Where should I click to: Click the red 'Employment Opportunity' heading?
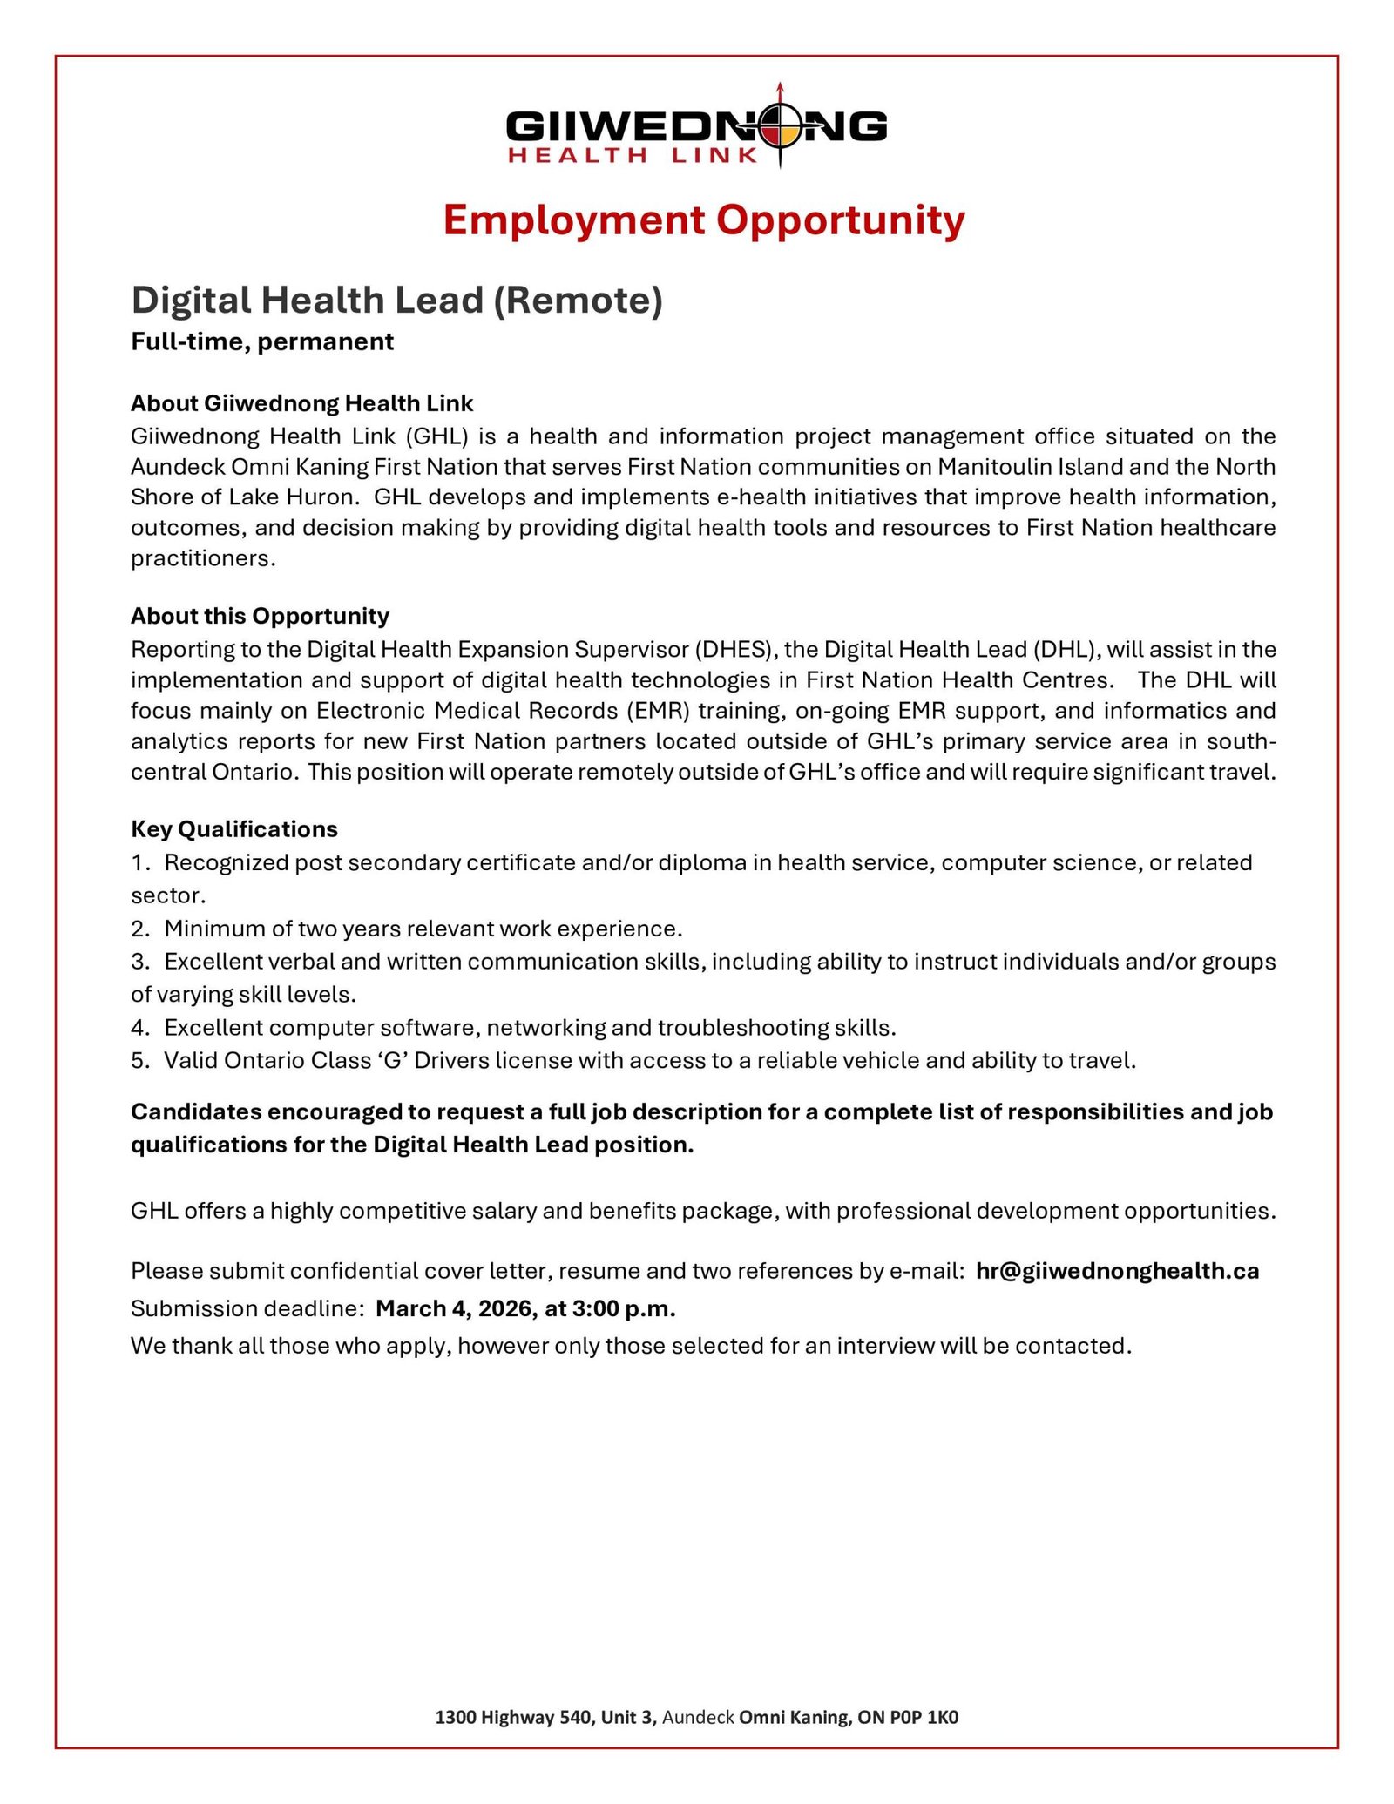[x=704, y=220]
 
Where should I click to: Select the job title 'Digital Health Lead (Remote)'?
[x=397, y=301]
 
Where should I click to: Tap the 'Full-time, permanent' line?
[x=262, y=341]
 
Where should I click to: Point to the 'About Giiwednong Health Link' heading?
[x=302, y=403]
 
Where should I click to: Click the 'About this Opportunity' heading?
[x=260, y=616]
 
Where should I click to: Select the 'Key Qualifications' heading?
[x=234, y=828]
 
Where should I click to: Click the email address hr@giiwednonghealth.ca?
[x=1117, y=1271]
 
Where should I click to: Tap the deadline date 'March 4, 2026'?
[x=451, y=1308]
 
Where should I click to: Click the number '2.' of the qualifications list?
[x=141, y=929]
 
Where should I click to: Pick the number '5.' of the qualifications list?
[x=141, y=1061]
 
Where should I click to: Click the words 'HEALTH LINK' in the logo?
[x=633, y=156]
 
